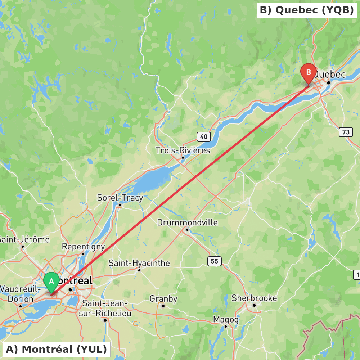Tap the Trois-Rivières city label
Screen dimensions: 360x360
click(x=183, y=150)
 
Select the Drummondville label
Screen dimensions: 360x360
click(x=187, y=222)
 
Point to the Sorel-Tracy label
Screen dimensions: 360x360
click(x=120, y=198)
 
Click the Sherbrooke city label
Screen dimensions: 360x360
click(x=254, y=298)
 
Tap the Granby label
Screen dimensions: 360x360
click(x=163, y=299)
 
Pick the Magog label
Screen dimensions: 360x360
click(x=226, y=320)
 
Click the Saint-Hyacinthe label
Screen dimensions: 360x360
click(x=139, y=263)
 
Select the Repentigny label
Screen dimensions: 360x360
click(x=83, y=247)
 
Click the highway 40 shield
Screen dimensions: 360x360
click(x=204, y=136)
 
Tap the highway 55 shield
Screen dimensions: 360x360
click(x=214, y=261)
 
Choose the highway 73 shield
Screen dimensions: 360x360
click(x=346, y=132)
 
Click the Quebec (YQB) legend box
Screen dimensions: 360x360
click(x=307, y=10)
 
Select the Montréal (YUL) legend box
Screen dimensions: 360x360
click(x=57, y=349)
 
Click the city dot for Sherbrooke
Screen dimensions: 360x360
click(x=254, y=305)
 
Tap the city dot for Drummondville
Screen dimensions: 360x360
click(x=187, y=229)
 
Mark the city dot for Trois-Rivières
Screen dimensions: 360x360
click(x=183, y=157)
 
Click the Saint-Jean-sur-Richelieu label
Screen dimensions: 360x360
click(x=105, y=309)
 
